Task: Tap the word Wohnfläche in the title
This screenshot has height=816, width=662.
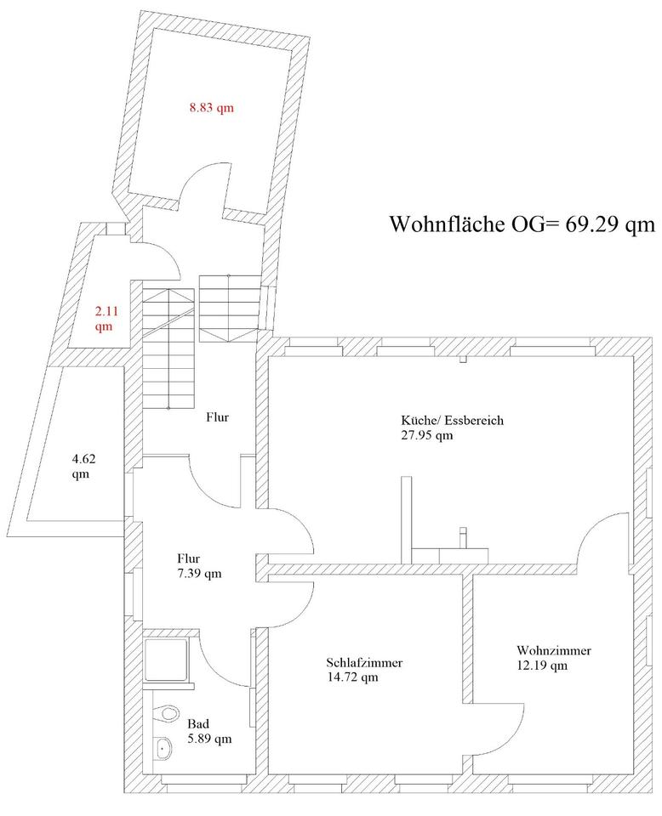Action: click(x=447, y=224)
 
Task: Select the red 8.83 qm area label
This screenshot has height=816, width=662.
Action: click(x=211, y=107)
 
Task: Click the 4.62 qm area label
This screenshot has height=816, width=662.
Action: click(x=83, y=466)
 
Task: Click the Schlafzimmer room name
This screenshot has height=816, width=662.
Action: click(x=364, y=662)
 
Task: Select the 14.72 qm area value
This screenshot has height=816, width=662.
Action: click(x=352, y=677)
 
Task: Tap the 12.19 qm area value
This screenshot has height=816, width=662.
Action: click(x=542, y=666)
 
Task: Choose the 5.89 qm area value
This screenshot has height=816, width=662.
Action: click(x=209, y=739)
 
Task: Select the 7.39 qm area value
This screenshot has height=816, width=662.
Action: click(x=199, y=573)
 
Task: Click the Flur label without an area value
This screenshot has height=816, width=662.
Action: click(x=218, y=417)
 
